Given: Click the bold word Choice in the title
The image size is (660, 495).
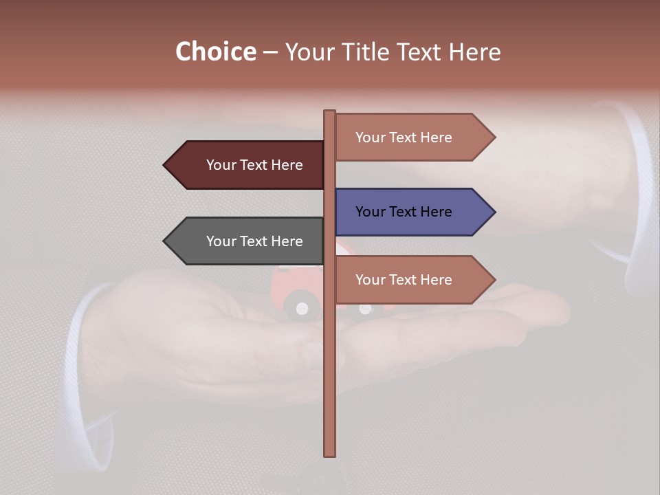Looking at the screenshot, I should tap(215, 52).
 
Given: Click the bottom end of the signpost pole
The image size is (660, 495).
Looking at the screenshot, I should tap(329, 454).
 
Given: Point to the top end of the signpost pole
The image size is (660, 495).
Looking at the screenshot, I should tap(329, 112).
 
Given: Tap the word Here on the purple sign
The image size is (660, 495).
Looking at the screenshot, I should tap(436, 212).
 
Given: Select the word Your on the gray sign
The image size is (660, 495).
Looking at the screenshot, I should tap(221, 241).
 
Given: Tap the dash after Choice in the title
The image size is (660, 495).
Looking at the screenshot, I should tap(270, 53).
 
